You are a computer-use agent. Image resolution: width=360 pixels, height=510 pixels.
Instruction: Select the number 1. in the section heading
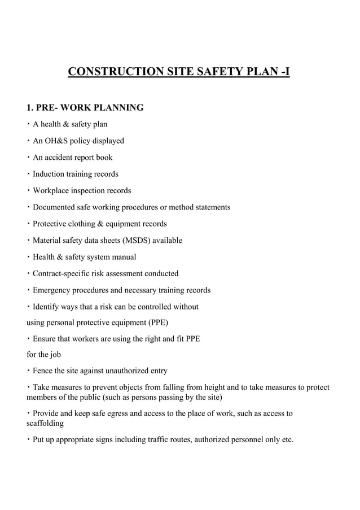(32, 107)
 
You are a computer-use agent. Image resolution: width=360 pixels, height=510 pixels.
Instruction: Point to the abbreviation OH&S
(55, 141)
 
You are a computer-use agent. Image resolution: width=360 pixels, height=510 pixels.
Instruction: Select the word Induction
(49, 174)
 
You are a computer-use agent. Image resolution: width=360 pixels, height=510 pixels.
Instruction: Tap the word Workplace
(52, 190)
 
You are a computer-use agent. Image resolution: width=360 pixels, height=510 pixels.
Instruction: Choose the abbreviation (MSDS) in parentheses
(130, 241)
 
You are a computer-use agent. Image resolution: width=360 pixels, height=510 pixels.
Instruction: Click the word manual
(125, 257)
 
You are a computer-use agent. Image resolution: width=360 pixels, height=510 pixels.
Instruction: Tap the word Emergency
(52, 290)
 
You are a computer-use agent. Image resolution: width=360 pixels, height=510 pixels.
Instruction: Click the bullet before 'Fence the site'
(29, 371)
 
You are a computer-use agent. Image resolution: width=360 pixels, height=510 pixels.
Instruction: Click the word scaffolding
(46, 423)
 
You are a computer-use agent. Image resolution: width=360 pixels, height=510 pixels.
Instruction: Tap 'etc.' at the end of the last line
(287, 439)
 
